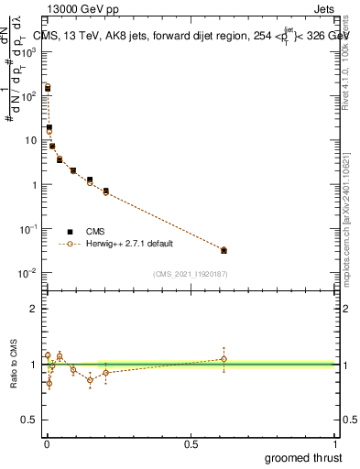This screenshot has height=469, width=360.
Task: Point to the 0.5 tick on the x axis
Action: pyautogui.click(x=191, y=443)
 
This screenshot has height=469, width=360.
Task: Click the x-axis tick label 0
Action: pyautogui.click(x=47, y=443)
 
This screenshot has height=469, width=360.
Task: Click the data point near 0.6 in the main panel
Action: pyautogui.click(x=224, y=250)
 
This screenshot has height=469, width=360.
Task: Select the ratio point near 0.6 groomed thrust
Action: pyautogui.click(x=224, y=358)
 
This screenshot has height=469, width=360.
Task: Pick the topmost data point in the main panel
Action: pyautogui.click(x=48, y=88)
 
